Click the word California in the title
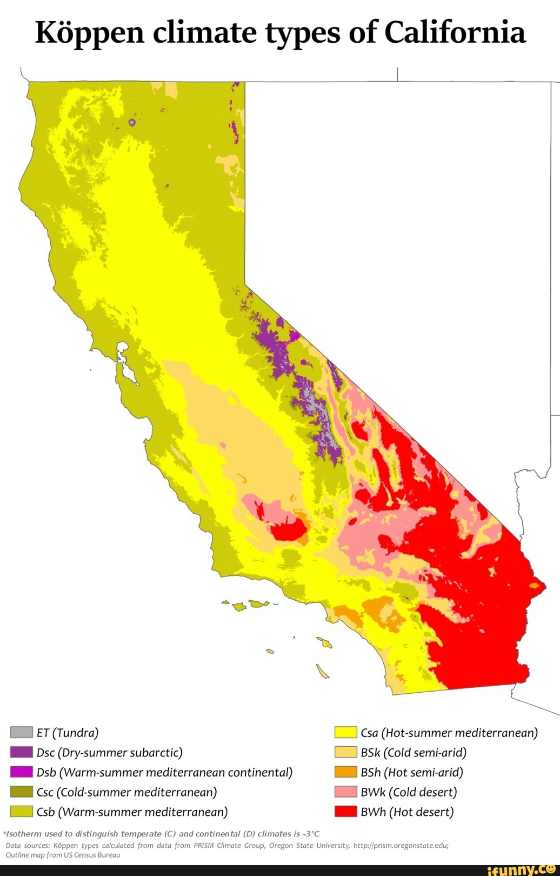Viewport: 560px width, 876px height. coord(455,32)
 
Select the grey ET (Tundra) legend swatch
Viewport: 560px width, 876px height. coord(22,732)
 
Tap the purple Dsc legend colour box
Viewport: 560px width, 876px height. coord(22,752)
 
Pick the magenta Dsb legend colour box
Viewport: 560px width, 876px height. coord(22,772)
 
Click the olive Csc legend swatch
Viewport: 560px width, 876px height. coord(22,792)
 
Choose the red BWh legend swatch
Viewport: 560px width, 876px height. coord(345,811)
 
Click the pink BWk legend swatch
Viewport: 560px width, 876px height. coord(345,792)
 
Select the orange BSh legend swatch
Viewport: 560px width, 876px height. coord(345,772)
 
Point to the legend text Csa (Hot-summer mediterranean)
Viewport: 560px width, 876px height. coord(449,733)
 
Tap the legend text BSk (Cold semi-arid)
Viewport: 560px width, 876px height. coord(414,752)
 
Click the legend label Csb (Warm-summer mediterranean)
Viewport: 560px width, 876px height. coord(132,812)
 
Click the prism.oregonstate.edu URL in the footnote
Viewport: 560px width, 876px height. coord(401,845)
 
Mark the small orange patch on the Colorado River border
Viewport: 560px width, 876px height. coord(535,585)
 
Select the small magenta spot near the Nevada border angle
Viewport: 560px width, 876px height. coord(294,336)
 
